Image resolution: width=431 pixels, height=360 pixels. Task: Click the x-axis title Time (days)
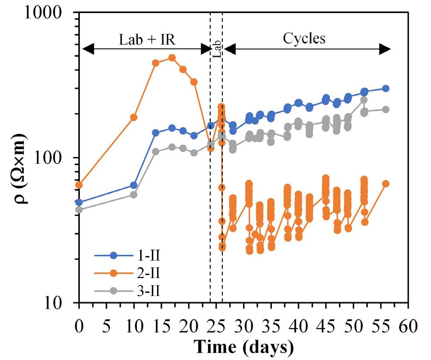pyautogui.click(x=243, y=347)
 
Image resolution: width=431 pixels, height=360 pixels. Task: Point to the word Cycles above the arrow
pyautogui.click(x=304, y=39)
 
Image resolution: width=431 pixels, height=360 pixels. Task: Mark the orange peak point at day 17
pyautogui.click(x=172, y=58)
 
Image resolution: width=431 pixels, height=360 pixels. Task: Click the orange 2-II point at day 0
pyautogui.click(x=79, y=185)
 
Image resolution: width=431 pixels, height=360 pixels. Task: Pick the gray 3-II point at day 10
pyautogui.click(x=134, y=195)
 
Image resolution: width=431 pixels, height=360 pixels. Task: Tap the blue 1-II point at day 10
pyautogui.click(x=134, y=185)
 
